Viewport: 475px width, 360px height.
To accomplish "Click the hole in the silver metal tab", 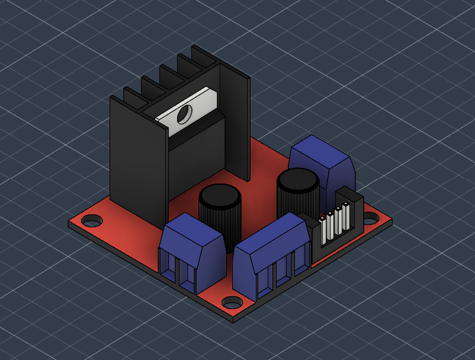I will pos(184,113).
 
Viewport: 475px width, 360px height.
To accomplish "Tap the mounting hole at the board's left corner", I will pos(91,221).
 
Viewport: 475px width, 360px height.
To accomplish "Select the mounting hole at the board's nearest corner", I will pos(230,303).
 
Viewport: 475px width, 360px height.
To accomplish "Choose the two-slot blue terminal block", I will pos(192,252).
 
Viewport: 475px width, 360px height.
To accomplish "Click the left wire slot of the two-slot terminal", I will pos(168,269).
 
